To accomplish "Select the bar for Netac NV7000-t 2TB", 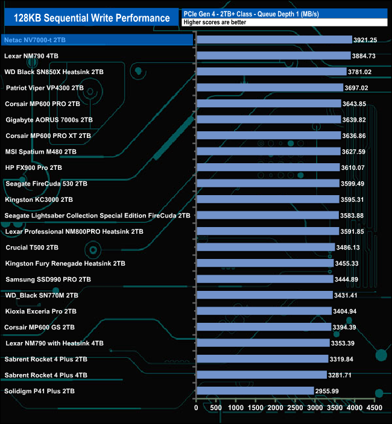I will (x=274, y=40).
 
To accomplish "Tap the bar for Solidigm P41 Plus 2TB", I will (x=255, y=391).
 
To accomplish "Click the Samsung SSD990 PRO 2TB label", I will (x=48, y=279).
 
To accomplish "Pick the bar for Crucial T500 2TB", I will (x=266, y=248).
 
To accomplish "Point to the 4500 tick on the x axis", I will (x=375, y=408).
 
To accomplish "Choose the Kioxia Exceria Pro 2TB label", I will (x=41, y=311).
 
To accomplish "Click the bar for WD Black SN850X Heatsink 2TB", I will (x=271, y=72).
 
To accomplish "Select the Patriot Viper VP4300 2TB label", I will (x=45, y=87).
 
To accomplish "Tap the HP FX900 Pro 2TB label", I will (x=34, y=167).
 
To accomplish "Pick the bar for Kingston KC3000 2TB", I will (x=268, y=199).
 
